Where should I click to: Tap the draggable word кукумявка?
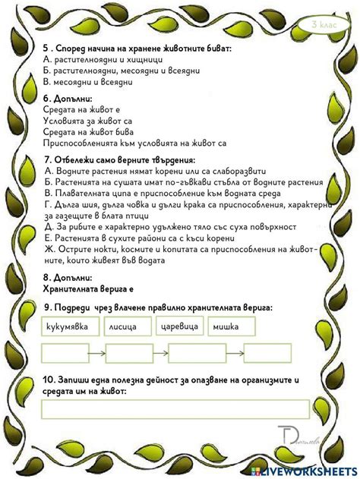tap(68, 326)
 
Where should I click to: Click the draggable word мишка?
tap(231, 326)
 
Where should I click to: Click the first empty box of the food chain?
tap(65, 354)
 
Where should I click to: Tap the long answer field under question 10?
tap(175, 408)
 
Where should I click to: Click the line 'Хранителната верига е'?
tap(90, 289)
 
